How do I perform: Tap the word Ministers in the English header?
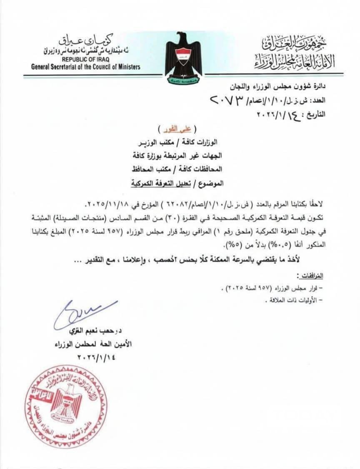pyautogui.click(x=127, y=67)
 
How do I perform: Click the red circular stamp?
pyautogui.click(x=65, y=407)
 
